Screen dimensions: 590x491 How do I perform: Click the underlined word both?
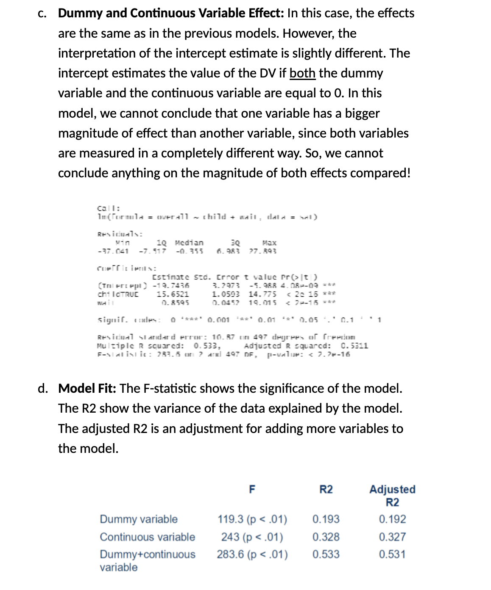pos(302,73)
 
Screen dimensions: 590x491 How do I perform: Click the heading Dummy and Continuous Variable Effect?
pos(170,13)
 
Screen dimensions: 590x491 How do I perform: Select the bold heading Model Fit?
pos(87,388)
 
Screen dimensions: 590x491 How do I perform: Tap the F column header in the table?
pos(252,489)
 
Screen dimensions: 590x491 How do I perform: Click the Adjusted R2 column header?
pos(392,496)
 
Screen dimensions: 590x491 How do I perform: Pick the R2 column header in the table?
pos(326,489)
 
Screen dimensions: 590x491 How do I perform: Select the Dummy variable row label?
pos(139,519)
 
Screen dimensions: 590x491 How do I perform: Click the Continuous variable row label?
pos(148,537)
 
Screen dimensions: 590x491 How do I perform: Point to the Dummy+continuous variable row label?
pos(148,560)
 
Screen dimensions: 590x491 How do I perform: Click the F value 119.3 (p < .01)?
pos(252,519)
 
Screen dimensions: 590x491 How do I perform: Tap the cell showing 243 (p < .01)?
pos(252,537)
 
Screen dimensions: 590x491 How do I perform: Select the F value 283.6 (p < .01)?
pos(252,554)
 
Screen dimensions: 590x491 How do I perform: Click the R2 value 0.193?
pos(326,519)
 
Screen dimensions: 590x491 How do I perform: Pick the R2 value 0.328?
pos(326,537)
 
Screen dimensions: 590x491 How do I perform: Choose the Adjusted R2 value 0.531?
pos(392,554)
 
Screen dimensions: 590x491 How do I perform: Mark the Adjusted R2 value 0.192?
pos(392,519)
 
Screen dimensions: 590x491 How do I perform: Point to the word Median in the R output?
pos(189,243)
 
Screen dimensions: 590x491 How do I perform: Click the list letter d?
pos(42,388)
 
